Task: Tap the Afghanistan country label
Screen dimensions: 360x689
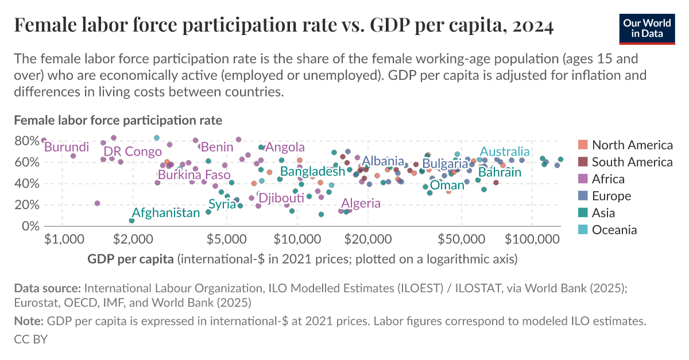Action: [x=166, y=213]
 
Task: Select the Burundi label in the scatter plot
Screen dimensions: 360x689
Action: [x=67, y=148]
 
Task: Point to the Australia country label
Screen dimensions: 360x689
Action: [x=505, y=152]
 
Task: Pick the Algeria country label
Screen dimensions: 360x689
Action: [x=361, y=203]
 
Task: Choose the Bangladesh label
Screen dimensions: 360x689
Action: [x=312, y=171]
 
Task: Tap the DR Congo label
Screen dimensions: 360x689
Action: [x=133, y=152]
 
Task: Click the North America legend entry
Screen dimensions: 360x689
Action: [x=632, y=145]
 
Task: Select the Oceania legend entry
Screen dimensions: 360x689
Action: [x=614, y=230]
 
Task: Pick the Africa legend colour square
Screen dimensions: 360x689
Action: [x=581, y=179]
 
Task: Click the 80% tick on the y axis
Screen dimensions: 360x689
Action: [x=27, y=141]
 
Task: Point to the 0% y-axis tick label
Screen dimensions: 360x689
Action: [x=30, y=226]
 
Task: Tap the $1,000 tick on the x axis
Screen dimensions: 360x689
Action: [x=61, y=238]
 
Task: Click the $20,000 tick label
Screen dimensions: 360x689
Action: [x=367, y=238]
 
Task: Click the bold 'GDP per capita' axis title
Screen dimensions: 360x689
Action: [x=131, y=259]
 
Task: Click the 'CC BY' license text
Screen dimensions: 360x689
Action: [x=30, y=339]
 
